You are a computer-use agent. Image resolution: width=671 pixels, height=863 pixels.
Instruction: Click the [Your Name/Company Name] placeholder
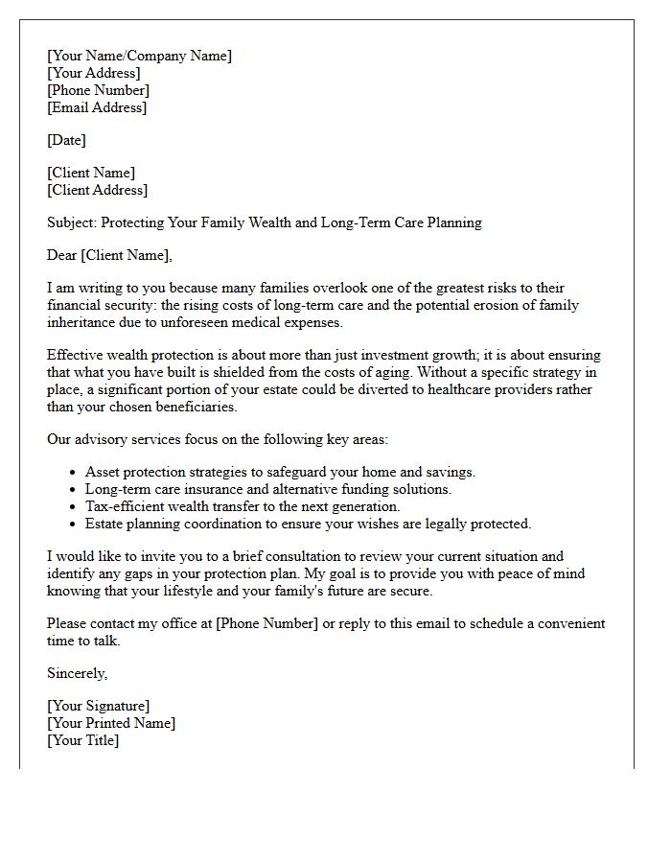[139, 56]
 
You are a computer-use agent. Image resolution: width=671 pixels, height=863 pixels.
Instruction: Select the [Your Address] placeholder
[93, 73]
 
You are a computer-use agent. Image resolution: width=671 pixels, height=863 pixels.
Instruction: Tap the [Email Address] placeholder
[97, 107]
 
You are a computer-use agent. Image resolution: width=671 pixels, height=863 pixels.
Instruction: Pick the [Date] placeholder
[66, 140]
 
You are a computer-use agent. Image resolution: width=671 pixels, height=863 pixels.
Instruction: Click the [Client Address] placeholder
[97, 190]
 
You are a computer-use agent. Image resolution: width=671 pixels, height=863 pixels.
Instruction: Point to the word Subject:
[73, 222]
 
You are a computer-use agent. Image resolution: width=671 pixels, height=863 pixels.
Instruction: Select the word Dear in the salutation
[62, 255]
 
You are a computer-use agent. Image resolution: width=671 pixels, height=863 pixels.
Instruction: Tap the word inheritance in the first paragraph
[85, 322]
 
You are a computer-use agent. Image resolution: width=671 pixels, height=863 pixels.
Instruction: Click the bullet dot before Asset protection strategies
[74, 473]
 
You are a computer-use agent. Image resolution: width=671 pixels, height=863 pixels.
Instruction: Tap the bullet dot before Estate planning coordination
[74, 525]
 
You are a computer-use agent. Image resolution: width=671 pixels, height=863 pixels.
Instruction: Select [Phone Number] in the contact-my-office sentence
[266, 623]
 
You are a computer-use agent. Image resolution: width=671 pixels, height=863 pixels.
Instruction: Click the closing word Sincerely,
[77, 673]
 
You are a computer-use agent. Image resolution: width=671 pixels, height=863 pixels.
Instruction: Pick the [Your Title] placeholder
[82, 740]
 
